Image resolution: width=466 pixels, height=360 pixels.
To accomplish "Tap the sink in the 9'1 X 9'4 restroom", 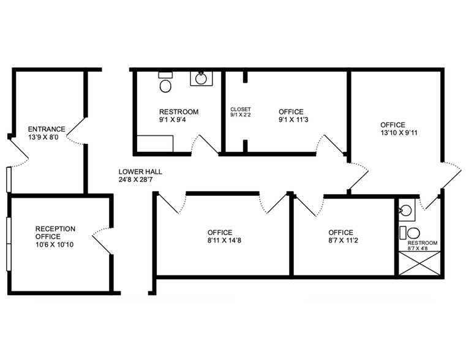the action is click(x=201, y=78).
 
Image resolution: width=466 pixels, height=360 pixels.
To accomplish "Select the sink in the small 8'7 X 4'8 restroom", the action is click(x=406, y=210).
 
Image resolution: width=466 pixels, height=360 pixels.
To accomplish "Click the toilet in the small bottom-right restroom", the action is click(x=410, y=233).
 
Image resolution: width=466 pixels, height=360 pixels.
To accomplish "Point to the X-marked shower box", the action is click(x=419, y=263).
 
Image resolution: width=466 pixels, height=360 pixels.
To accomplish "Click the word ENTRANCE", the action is click(x=47, y=129).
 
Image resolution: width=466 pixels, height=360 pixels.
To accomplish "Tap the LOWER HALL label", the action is click(x=140, y=171).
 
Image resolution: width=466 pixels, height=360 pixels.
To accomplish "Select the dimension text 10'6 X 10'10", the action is click(x=54, y=245).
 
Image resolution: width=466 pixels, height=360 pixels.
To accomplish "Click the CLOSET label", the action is click(x=241, y=110).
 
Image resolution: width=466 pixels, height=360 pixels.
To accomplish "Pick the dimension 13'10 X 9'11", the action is click(x=399, y=133).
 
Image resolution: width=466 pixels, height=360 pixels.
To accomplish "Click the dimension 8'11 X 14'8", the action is click(x=224, y=240).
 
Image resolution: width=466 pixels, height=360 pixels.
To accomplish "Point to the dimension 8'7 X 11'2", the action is click(x=343, y=240).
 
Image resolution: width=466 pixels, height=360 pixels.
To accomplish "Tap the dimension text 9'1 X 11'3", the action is click(x=293, y=120).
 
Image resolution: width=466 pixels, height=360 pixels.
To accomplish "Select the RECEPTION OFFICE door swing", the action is click(x=102, y=241).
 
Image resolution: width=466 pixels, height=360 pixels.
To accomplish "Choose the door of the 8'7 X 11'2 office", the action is click(x=309, y=205).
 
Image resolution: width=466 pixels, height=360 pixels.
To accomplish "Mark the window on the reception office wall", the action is click(x=9, y=244).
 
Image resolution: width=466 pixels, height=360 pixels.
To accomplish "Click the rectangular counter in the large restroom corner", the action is click(x=155, y=144).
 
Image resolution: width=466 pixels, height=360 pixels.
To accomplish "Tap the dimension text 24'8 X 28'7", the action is click(x=135, y=180).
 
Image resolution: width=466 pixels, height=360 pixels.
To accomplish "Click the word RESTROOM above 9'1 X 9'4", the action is click(x=179, y=112).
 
